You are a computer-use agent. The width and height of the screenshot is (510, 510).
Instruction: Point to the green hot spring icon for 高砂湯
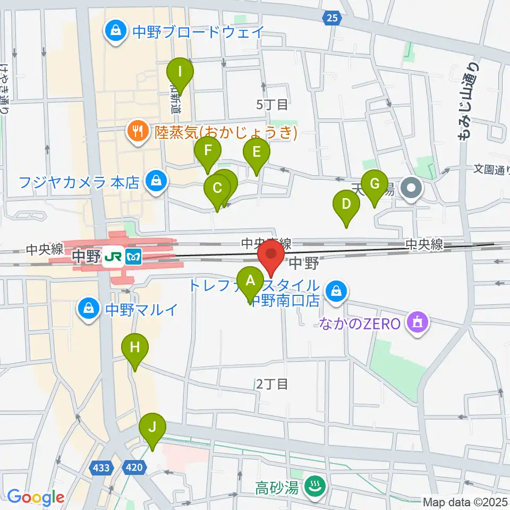tap(313, 486)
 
